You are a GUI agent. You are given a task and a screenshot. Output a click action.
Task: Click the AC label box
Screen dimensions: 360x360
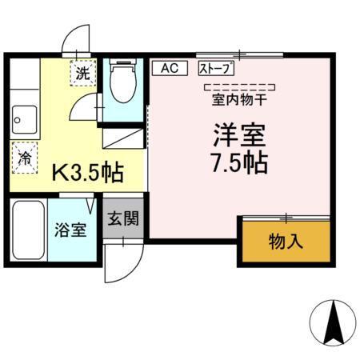coord(169,68)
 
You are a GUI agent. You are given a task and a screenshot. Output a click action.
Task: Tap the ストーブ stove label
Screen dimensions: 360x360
coord(217,68)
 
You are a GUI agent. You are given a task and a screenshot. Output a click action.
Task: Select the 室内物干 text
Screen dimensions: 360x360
coord(239,100)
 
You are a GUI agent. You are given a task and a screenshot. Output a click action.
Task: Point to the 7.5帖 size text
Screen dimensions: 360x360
coord(239,162)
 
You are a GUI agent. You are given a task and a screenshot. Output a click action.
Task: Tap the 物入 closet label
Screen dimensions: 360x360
coord(286,240)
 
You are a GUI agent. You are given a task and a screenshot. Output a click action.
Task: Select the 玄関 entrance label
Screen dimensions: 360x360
coord(123,218)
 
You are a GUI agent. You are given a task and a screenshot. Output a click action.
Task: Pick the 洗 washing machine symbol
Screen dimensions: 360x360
coord(82,73)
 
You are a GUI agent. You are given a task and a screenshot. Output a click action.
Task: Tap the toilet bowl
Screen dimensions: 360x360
coord(123,83)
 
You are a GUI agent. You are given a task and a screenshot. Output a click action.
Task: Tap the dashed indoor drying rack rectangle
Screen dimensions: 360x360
coord(239,86)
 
